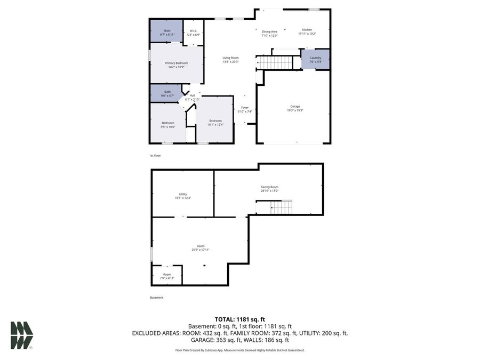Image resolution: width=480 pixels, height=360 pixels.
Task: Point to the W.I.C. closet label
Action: pos(193,33)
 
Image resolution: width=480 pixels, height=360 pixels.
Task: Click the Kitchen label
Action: pos(307,31)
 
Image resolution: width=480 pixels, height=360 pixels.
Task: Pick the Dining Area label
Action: pos(269,33)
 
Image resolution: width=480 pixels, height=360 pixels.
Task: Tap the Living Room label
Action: pos(230,59)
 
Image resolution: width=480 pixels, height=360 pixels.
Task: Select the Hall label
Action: pos(192,97)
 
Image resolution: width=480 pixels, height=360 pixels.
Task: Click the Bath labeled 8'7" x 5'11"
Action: pos(167,33)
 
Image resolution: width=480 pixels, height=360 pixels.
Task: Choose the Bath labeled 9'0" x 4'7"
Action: pos(167,93)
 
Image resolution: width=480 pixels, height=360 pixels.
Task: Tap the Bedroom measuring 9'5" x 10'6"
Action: pos(168,125)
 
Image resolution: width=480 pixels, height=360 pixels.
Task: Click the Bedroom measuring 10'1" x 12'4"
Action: pos(215,122)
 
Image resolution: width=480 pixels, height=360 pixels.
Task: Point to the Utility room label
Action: pos(182,196)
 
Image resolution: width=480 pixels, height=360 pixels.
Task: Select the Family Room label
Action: pos(269,189)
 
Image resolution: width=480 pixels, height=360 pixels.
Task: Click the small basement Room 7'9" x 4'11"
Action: pos(167,276)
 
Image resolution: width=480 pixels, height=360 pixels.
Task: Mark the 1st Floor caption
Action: pos(155,155)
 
